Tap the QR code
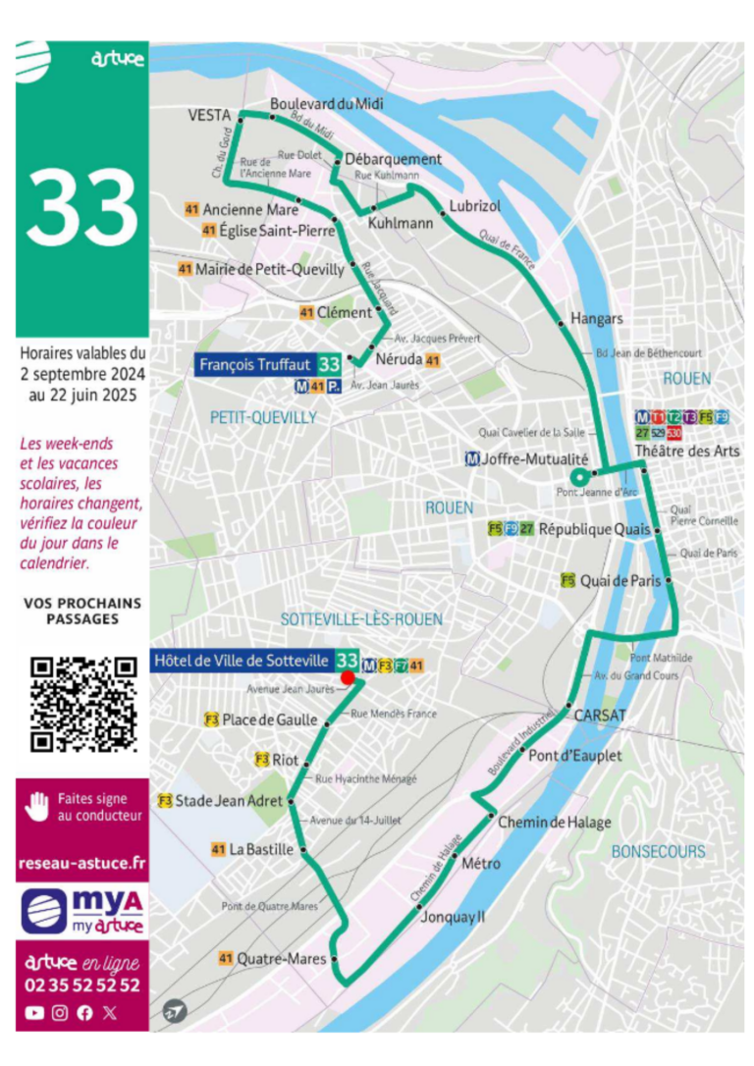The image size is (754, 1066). point(82,704)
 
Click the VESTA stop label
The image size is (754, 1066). point(207,115)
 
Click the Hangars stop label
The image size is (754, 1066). point(597,319)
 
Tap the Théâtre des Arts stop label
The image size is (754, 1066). point(687,451)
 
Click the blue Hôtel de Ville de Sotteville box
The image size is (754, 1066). point(242,659)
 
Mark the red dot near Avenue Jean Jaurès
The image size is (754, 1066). point(347,677)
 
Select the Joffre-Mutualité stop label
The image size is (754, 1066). point(534,458)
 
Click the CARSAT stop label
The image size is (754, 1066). point(600,715)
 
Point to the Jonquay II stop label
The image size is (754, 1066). point(459,916)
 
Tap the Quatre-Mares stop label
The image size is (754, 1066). point(281,958)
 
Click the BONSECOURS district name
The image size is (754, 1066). point(658,852)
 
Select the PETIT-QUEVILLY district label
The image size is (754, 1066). point(263,417)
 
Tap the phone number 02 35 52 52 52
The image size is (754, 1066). point(82,986)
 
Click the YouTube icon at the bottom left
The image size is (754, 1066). point(34,1013)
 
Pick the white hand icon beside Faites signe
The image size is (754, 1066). point(36,807)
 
